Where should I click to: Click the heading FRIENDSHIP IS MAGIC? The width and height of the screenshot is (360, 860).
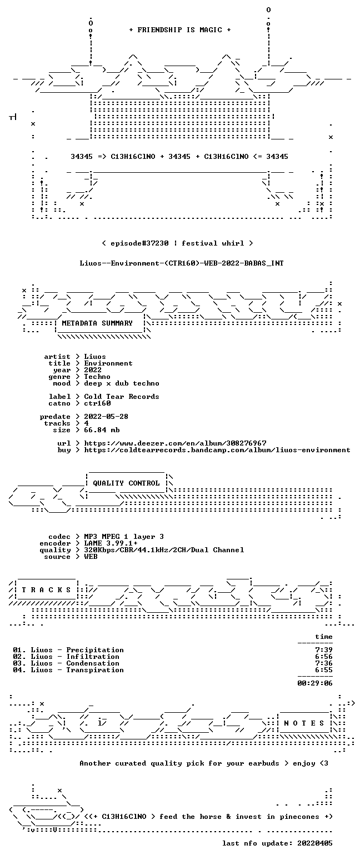(x=179, y=30)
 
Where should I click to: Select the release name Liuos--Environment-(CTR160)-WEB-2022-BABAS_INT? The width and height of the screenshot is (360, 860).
(x=182, y=263)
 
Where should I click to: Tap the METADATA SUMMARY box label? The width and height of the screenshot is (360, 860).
(x=97, y=323)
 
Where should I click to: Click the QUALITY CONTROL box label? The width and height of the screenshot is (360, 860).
(x=126, y=483)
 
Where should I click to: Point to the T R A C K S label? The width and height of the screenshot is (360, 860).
(x=47, y=589)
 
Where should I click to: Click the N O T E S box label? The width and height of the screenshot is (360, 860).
(x=304, y=723)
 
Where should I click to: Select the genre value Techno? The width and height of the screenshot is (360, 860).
(x=97, y=377)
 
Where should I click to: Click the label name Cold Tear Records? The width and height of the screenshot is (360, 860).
(x=122, y=397)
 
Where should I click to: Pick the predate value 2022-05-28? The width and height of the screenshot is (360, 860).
(x=106, y=417)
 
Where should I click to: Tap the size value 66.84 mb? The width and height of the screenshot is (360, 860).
(x=102, y=430)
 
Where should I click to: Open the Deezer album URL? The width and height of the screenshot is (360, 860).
(x=175, y=443)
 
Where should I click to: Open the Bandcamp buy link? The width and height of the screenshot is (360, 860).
(x=217, y=450)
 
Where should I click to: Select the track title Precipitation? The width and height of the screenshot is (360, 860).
(x=95, y=650)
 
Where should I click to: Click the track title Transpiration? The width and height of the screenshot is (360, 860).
(x=95, y=670)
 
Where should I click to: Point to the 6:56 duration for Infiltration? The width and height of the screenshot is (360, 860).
(x=323, y=657)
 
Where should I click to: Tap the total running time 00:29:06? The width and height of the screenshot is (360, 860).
(x=314, y=683)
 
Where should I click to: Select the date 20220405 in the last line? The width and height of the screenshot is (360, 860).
(x=314, y=843)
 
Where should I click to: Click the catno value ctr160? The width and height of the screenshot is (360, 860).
(x=97, y=403)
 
